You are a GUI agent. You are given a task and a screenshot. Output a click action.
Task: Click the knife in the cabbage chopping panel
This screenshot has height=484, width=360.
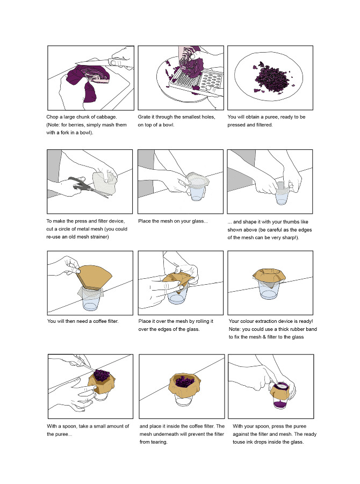tap(102, 65)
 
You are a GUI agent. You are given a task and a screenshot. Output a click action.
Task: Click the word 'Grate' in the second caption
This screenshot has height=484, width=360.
tap(145, 117)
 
